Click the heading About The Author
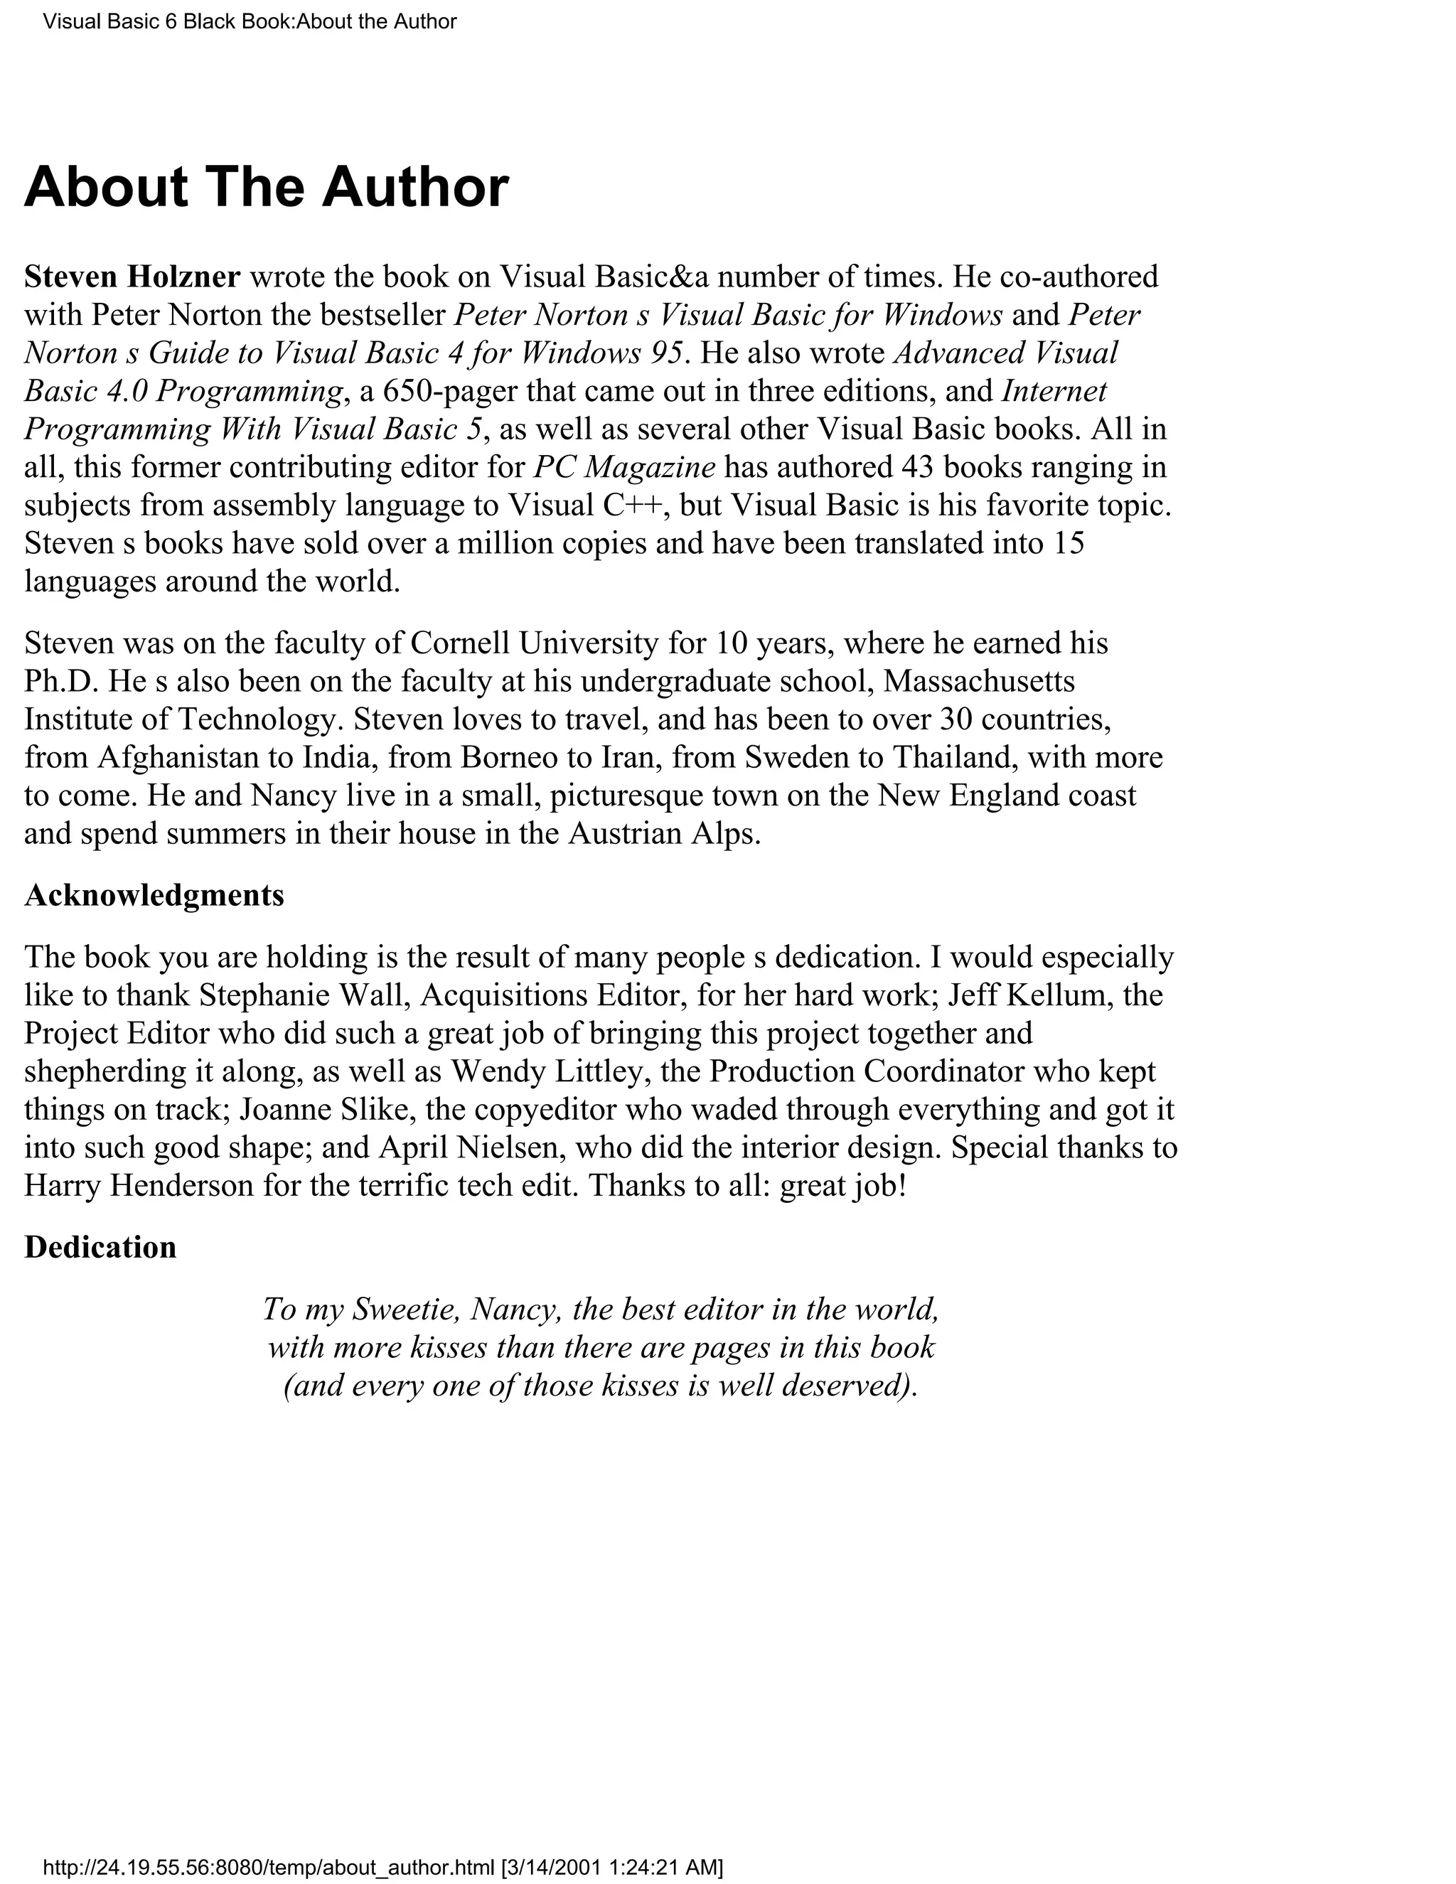click(x=267, y=187)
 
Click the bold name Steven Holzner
click(x=132, y=277)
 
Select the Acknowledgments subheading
click(x=154, y=895)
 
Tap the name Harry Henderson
click(x=139, y=1185)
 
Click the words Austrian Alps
click(x=663, y=833)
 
